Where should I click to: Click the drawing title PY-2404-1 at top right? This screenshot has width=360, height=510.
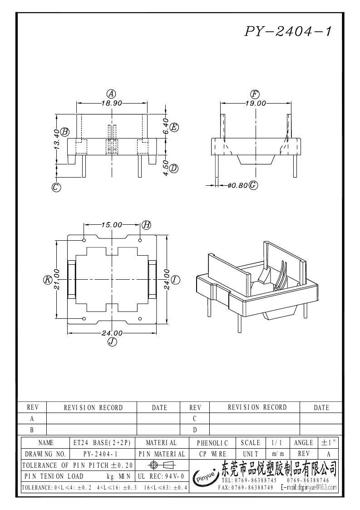tap(289, 31)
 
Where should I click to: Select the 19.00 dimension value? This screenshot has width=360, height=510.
tap(256, 103)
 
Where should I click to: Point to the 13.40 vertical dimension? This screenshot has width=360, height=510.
tap(56, 139)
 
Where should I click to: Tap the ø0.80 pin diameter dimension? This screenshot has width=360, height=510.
tap(237, 185)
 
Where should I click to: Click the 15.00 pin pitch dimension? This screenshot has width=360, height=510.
tap(112, 224)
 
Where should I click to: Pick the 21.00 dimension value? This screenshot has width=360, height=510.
tap(56, 280)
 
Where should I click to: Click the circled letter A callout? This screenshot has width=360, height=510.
tap(110, 94)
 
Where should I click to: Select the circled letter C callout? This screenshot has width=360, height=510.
tap(56, 187)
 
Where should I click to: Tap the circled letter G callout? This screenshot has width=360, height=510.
tap(253, 185)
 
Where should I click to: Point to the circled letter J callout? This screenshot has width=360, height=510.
tap(112, 342)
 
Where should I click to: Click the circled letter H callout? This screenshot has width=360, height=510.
tap(146, 224)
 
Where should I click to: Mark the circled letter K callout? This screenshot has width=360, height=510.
tap(47, 280)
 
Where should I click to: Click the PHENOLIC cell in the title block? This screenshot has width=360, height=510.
tap(212, 442)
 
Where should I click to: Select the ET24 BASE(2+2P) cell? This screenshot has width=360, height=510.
tap(102, 442)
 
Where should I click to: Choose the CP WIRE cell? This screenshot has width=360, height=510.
tap(212, 454)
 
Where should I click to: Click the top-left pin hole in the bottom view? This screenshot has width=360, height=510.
tap(84, 239)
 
